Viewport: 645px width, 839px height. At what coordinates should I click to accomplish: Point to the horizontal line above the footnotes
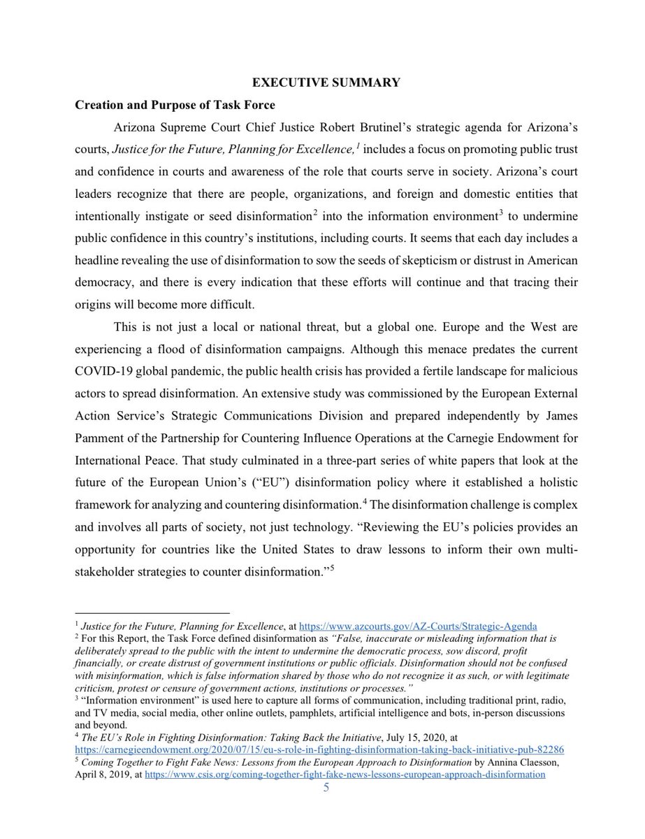click(152, 613)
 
